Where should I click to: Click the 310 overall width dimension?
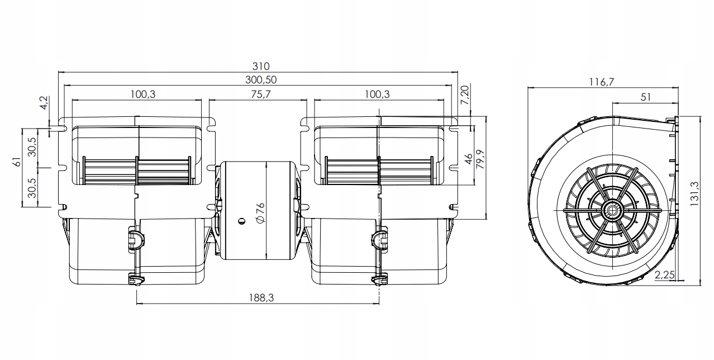[x=258, y=67]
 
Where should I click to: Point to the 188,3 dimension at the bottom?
[x=258, y=298]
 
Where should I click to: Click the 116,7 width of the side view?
[x=602, y=82]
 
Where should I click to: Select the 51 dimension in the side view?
[x=646, y=97]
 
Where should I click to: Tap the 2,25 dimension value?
[x=664, y=274]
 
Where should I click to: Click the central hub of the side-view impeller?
[x=613, y=211]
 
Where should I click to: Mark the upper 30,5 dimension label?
[x=32, y=147]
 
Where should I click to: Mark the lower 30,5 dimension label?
[x=32, y=188]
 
